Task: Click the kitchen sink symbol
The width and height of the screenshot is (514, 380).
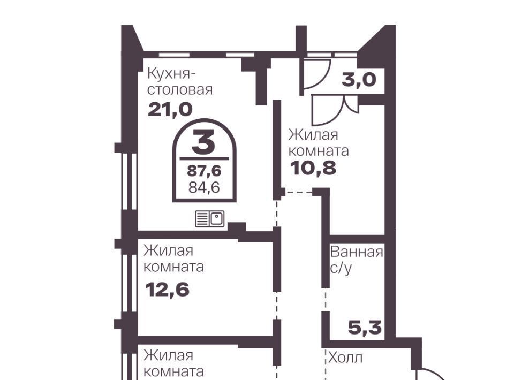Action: (x=210, y=219)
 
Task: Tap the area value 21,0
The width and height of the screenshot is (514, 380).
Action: (x=170, y=109)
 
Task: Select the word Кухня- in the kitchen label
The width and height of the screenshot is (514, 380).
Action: (x=171, y=74)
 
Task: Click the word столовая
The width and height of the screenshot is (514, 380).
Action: (x=180, y=89)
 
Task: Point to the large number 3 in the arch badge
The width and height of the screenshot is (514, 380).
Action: (x=203, y=142)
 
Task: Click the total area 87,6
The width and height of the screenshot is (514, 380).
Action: (x=204, y=171)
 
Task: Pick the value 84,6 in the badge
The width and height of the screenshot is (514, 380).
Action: (x=204, y=187)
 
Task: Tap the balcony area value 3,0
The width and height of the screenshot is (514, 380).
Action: (x=359, y=80)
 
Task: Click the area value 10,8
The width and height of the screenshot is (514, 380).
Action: (x=313, y=169)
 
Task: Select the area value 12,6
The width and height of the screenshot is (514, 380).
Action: (x=168, y=290)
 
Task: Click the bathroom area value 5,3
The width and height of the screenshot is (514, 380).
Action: (x=365, y=328)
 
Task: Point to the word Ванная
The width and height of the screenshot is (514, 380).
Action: (x=357, y=252)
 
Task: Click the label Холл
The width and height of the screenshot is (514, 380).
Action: (x=345, y=358)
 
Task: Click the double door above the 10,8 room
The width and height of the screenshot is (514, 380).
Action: (x=335, y=110)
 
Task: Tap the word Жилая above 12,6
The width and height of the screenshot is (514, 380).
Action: (x=169, y=251)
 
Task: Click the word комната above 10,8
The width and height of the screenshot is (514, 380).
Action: (x=319, y=151)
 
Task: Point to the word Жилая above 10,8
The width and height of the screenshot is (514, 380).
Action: (x=313, y=135)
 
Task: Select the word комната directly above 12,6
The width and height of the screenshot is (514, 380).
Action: (x=173, y=267)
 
